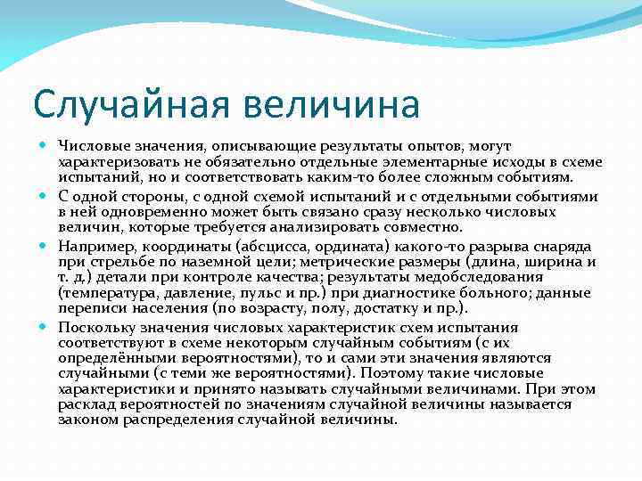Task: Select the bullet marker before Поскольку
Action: (45, 328)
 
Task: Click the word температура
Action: (106, 292)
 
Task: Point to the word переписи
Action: (88, 308)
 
